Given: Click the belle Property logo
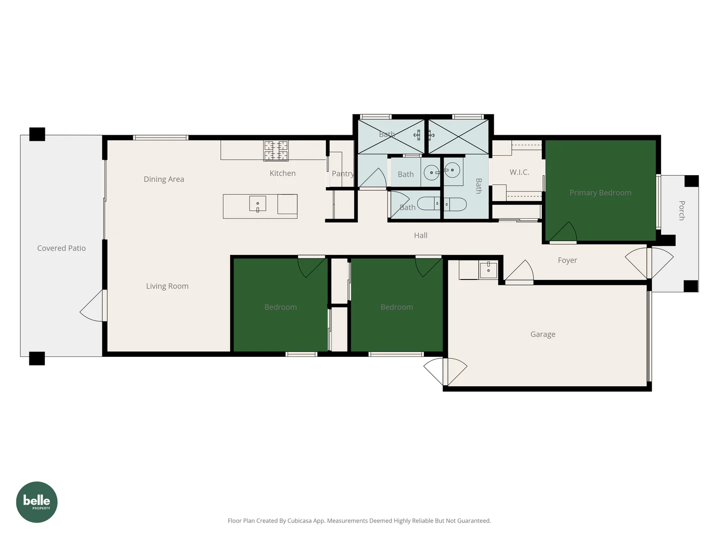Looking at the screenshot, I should (37, 502).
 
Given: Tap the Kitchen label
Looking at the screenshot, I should (283, 173).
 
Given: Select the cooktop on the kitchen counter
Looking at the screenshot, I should (276, 151).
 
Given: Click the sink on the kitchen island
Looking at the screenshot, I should (258, 204).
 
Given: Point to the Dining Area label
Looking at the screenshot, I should (164, 179).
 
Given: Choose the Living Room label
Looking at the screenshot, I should (167, 286).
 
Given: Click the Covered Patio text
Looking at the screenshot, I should (61, 248).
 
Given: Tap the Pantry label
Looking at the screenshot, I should (343, 174).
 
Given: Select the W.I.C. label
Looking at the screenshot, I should (519, 172).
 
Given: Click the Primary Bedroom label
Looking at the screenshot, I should (600, 193).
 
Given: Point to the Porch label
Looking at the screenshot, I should (682, 211).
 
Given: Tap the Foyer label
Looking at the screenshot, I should (567, 260).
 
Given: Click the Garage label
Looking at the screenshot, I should (543, 334).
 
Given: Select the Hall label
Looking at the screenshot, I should (420, 236).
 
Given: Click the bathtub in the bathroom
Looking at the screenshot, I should (442, 204).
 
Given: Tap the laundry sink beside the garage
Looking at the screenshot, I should (488, 270).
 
